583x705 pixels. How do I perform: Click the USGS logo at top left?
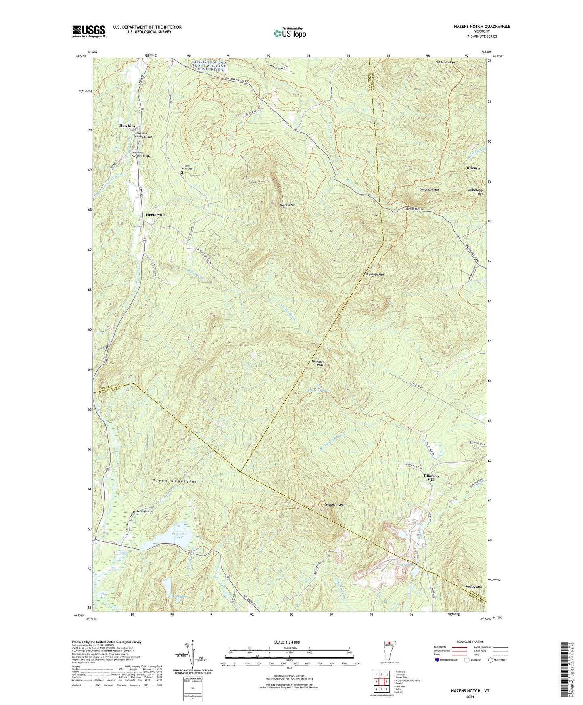point(89,31)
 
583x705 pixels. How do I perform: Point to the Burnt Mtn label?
point(286,205)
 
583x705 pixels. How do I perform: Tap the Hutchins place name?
point(127,126)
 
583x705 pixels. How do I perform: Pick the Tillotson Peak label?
point(317,363)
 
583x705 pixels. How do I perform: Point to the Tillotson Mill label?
point(431,478)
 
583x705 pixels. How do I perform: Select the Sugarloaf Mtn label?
point(429,189)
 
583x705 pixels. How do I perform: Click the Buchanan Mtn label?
point(445,63)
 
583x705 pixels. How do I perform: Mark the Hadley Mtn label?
point(473,587)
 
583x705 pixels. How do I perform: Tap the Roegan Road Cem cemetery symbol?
point(182,172)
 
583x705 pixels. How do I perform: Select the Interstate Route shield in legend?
point(438,660)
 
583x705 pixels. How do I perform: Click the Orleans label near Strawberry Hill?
point(473,168)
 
